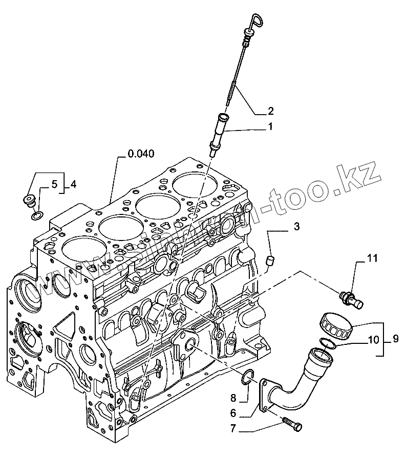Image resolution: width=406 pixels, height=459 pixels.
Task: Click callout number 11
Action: [x=372, y=258]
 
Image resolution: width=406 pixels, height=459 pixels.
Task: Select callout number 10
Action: [x=374, y=338]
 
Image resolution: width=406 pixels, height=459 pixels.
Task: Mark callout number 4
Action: [x=73, y=183]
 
